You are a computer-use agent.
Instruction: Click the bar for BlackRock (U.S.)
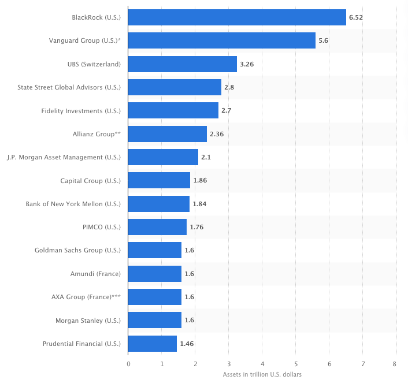tap(237, 17)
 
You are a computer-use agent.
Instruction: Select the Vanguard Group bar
tap(221, 40)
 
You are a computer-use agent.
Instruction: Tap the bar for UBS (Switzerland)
tap(182, 64)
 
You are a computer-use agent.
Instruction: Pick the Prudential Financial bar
tap(152, 344)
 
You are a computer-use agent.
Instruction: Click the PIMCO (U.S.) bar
tap(157, 227)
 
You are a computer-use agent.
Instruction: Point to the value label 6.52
tap(355, 17)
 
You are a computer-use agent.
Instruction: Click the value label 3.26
tap(247, 64)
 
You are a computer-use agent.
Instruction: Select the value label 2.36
tap(216, 134)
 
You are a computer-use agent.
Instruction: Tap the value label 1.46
tap(187, 344)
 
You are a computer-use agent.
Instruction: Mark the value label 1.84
tap(199, 204)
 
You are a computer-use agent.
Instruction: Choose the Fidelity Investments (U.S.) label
tap(81, 110)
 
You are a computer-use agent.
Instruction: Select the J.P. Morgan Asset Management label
tap(64, 157)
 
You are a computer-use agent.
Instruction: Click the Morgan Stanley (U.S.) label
tap(88, 321)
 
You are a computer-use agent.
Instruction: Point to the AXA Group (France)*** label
tap(86, 297)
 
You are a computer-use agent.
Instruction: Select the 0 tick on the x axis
tap(128, 364)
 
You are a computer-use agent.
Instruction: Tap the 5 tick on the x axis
tap(295, 364)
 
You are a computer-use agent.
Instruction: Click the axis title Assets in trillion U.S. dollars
tap(262, 375)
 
